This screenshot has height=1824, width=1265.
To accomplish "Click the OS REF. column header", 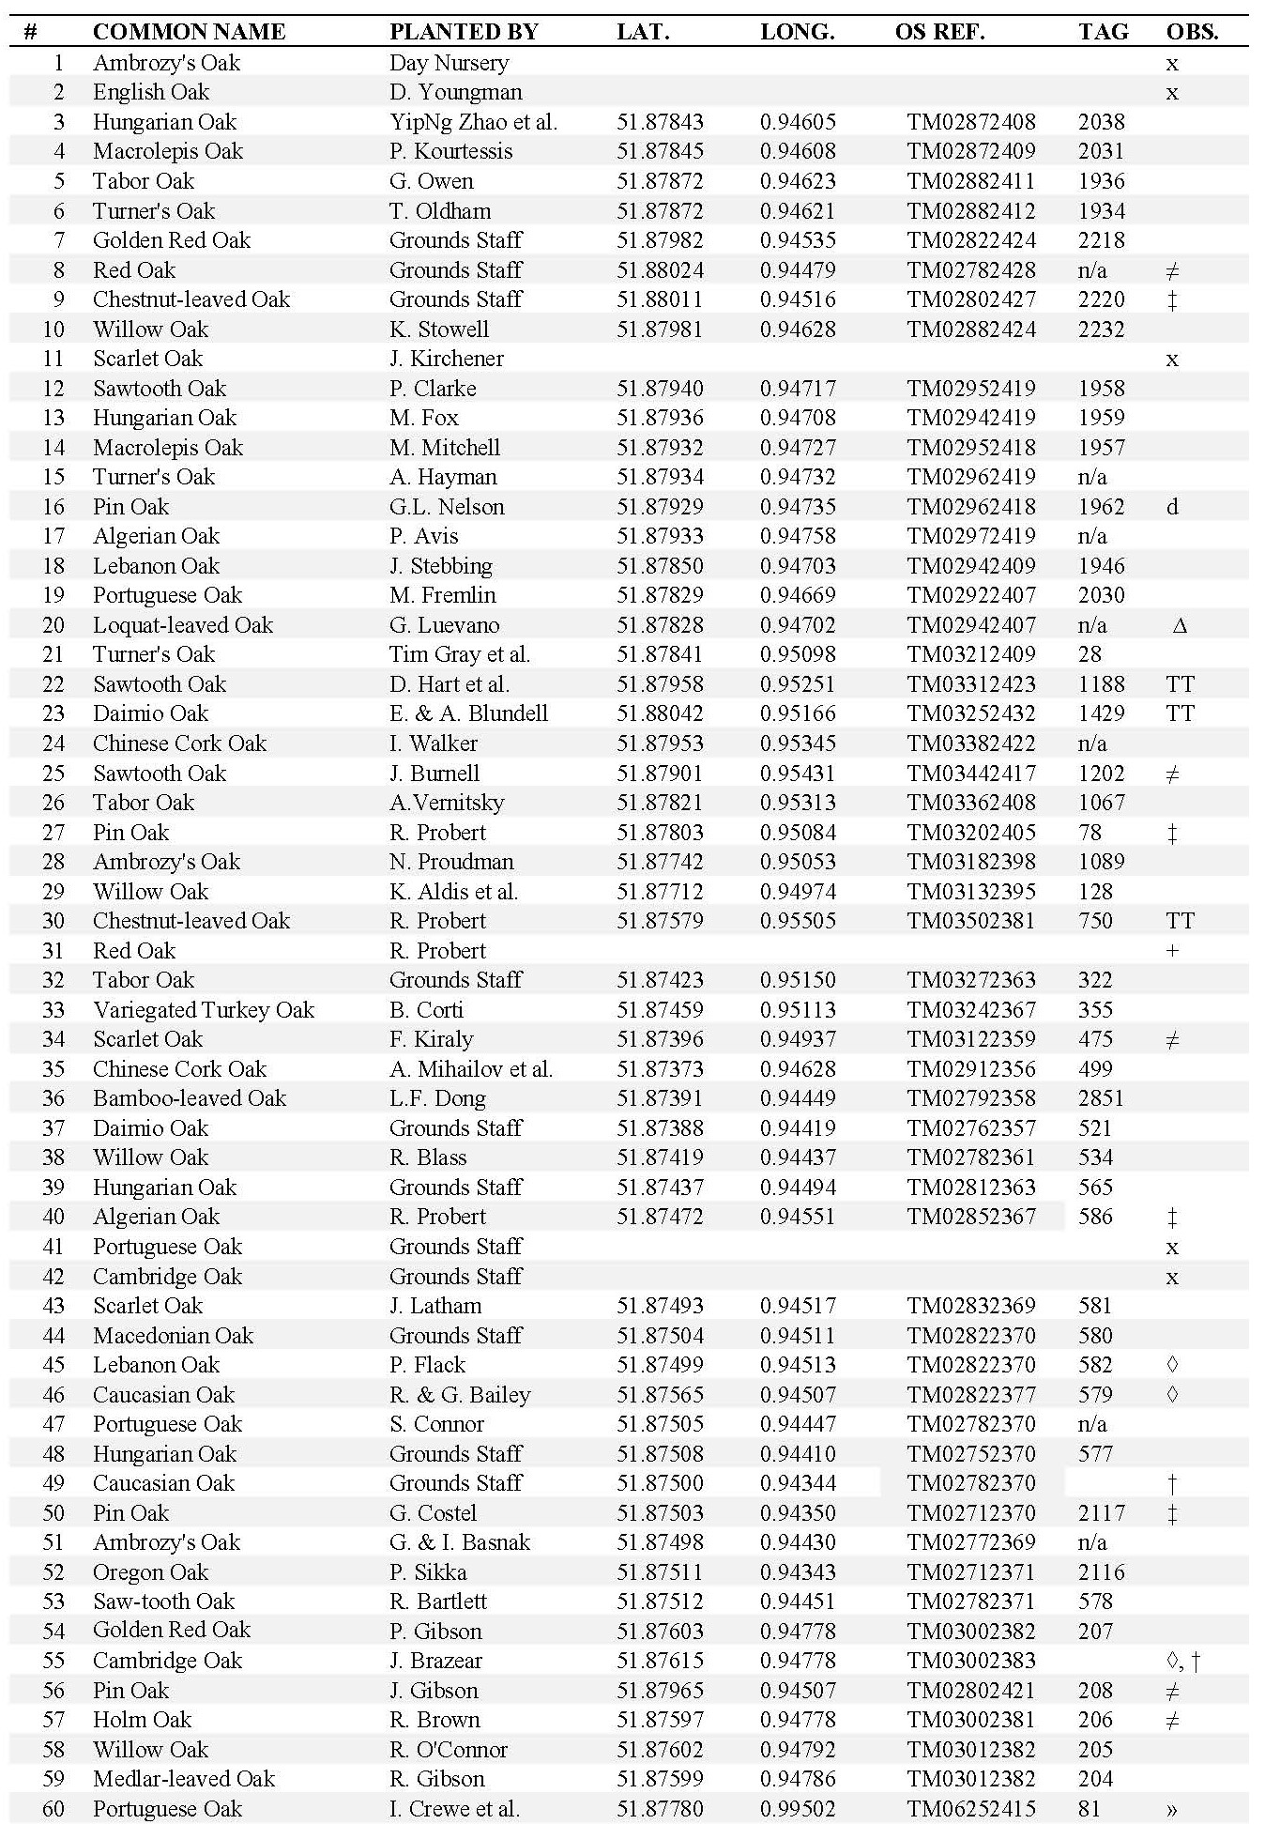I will (x=939, y=32).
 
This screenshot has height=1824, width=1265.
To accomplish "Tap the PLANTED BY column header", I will (x=464, y=32).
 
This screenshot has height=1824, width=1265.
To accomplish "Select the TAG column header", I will (x=1103, y=32).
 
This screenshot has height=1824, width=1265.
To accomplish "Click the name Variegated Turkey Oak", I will (x=204, y=1010).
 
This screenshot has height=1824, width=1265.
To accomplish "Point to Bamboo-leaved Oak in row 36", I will (x=189, y=1098).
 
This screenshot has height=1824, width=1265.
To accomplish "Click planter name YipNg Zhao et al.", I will (x=473, y=122).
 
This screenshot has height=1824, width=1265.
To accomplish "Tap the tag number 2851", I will (x=1101, y=1098).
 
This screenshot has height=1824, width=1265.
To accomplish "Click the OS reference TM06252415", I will (x=970, y=1809).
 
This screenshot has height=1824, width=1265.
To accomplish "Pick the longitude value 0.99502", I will (x=798, y=1809).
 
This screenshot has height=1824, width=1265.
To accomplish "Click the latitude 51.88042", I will (x=660, y=713).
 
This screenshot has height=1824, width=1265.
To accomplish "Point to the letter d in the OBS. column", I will (x=1172, y=507).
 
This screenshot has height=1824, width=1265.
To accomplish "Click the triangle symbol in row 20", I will (x=1180, y=625).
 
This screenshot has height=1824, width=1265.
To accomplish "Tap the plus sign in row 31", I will (x=1172, y=951).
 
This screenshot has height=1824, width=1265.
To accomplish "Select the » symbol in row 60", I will (x=1172, y=1809).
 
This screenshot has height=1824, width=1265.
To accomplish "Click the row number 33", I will (x=53, y=1010).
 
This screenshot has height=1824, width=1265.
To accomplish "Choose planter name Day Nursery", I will (x=449, y=63).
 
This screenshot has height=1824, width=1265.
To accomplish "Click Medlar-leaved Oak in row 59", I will (x=183, y=1779).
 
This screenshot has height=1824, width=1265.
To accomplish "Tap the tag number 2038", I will (x=1101, y=122).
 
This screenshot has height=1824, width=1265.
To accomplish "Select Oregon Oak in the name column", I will (x=150, y=1572).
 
